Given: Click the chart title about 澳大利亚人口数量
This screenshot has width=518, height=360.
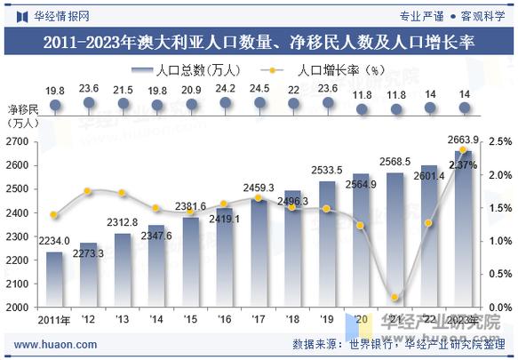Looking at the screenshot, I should [x=259, y=42].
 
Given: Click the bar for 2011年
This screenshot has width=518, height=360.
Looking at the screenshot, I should [x=55, y=278].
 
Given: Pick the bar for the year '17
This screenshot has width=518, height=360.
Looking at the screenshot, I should [x=259, y=252].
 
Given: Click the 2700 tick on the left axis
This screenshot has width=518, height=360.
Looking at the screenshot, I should [x=18, y=142].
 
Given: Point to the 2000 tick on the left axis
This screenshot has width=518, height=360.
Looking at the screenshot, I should [x=18, y=307].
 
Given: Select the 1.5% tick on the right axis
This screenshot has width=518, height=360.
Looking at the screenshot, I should [x=500, y=208].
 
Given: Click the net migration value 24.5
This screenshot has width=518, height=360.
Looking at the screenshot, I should [x=259, y=89].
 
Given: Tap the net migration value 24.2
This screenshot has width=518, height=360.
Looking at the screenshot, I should [x=226, y=89].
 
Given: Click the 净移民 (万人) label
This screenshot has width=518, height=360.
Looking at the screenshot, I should [x=23, y=116].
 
